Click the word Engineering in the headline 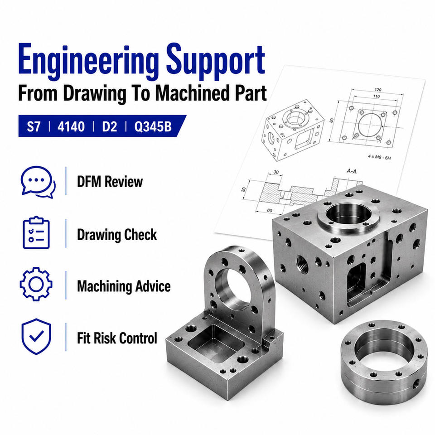click(x=88, y=61)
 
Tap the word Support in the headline click(x=216, y=61)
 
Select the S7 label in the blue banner click(x=34, y=126)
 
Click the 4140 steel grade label click(x=71, y=126)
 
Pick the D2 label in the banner click(x=110, y=126)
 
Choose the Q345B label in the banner click(x=153, y=126)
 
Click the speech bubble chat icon click(x=38, y=182)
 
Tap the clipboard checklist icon click(x=36, y=232)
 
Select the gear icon click(x=36, y=284)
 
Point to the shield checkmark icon click(x=36, y=336)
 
